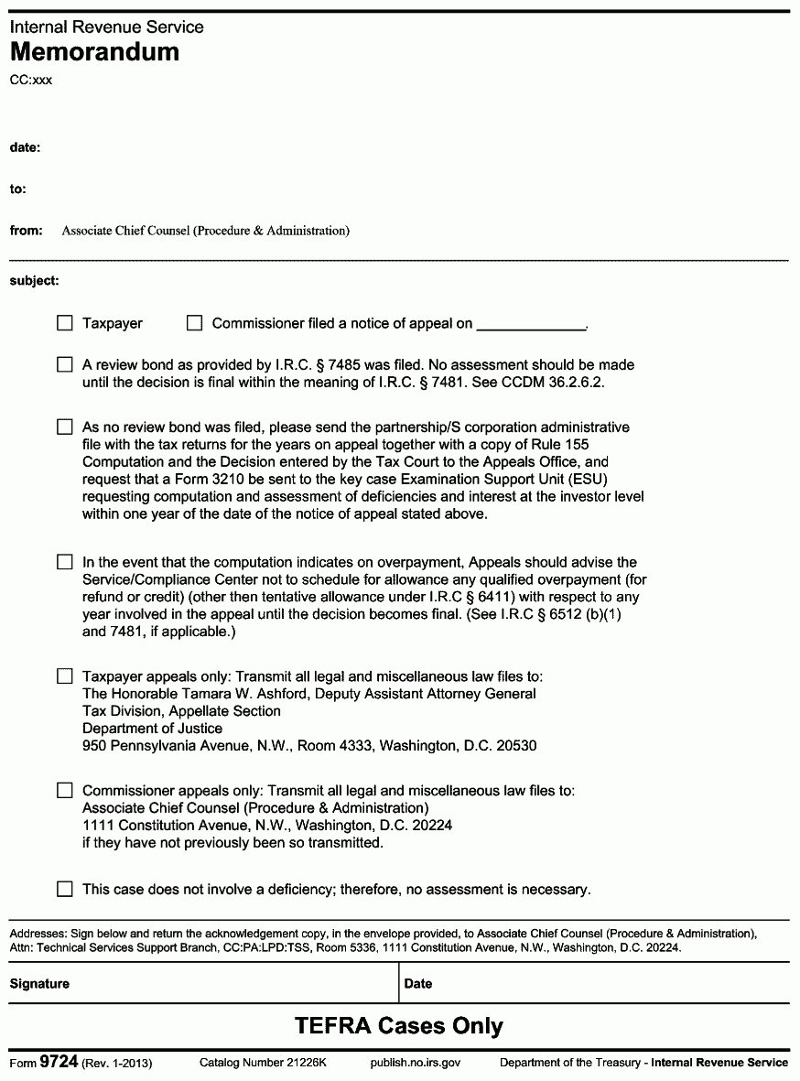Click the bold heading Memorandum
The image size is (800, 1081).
pyautogui.click(x=94, y=52)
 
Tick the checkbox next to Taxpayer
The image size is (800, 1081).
pyautogui.click(x=64, y=323)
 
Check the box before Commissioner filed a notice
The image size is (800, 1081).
pyautogui.click(x=194, y=323)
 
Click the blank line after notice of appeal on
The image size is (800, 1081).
pyautogui.click(x=531, y=323)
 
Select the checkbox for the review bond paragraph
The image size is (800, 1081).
pyautogui.click(x=64, y=365)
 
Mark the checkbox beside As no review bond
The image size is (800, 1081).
pyautogui.click(x=64, y=427)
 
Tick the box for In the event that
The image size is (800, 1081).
pyautogui.click(x=64, y=562)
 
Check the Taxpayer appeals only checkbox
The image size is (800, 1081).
pyautogui.click(x=64, y=676)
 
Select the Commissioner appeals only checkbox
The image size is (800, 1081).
pyautogui.click(x=64, y=791)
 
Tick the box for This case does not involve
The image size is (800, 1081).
pyautogui.click(x=64, y=889)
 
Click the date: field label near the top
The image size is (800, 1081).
pyautogui.click(x=25, y=147)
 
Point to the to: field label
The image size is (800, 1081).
pyautogui.click(x=18, y=189)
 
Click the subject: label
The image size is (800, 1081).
pyautogui.click(x=35, y=280)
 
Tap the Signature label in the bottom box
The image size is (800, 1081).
pyautogui.click(x=39, y=984)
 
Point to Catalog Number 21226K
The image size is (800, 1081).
pyautogui.click(x=263, y=1064)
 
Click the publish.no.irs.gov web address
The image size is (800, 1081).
pyautogui.click(x=415, y=1064)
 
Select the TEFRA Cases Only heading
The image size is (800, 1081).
pyautogui.click(x=399, y=1026)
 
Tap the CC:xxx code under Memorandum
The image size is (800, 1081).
pyautogui.click(x=31, y=81)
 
